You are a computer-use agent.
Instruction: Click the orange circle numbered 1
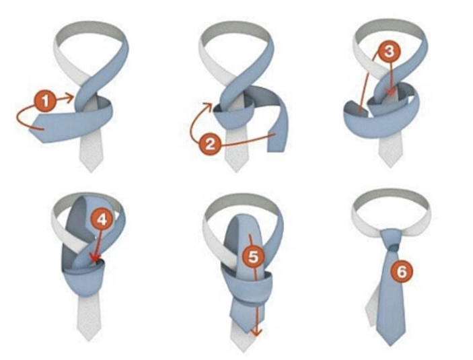click(x=46, y=102)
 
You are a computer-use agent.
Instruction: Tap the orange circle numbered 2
click(x=211, y=142)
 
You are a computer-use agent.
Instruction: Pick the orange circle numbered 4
click(x=99, y=219)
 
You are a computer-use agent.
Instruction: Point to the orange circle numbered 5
click(x=252, y=256)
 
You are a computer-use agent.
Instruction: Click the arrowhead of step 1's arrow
click(x=72, y=99)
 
